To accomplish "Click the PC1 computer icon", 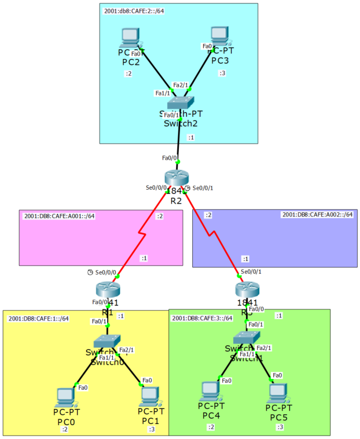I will coord(149,396).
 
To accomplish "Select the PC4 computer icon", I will coord(210,392).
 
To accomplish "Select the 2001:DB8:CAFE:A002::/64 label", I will coord(317,215).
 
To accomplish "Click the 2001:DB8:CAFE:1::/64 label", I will coord(39,319).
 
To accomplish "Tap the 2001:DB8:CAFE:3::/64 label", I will coord(202,318).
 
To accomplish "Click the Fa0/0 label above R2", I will coord(170,157).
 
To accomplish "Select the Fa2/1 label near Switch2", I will coord(181,85).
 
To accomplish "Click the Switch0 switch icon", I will coord(105,342).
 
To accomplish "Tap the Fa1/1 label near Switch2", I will coord(163,93).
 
